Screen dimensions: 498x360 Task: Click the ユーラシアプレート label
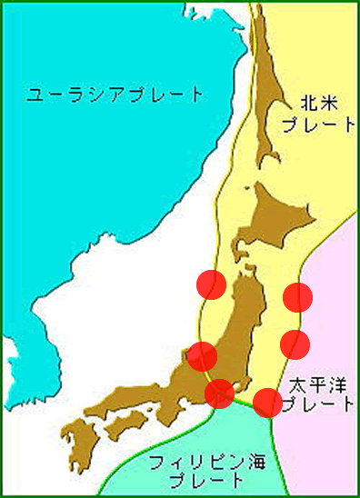pyautogui.click(x=115, y=95)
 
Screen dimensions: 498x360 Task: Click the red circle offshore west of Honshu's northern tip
pyautogui.click(x=212, y=284)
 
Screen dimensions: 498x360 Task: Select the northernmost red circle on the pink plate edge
pyautogui.click(x=297, y=296)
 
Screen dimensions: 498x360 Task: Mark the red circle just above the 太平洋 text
pyautogui.click(x=295, y=344)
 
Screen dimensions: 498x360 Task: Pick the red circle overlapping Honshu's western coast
pyautogui.click(x=202, y=356)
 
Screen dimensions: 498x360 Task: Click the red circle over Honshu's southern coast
pyautogui.click(x=220, y=393)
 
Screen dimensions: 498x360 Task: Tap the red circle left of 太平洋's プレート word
pyautogui.click(x=266, y=402)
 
